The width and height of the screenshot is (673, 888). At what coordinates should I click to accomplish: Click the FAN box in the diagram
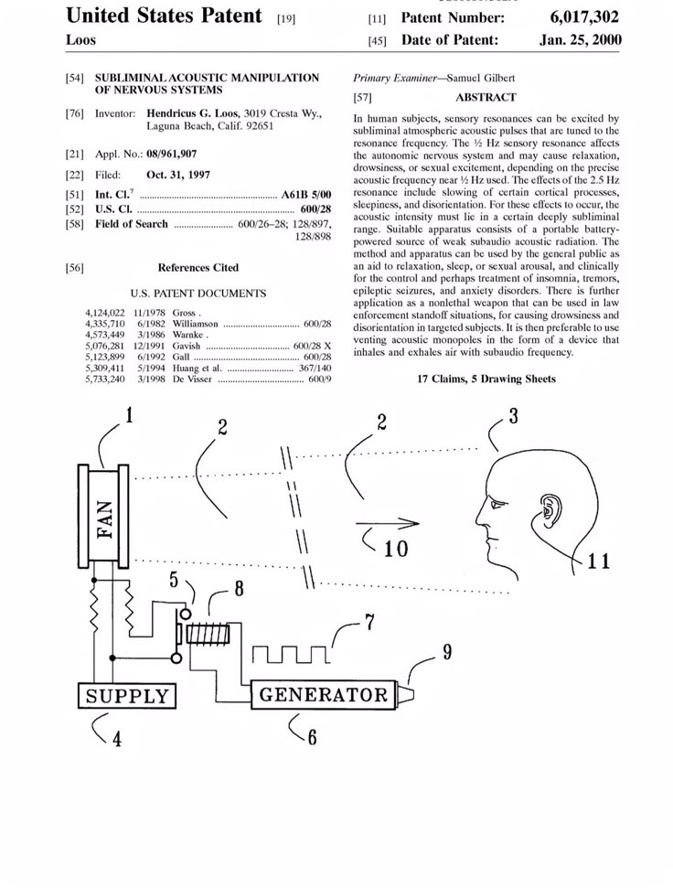[x=106, y=520]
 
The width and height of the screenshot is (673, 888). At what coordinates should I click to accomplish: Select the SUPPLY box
[x=127, y=696]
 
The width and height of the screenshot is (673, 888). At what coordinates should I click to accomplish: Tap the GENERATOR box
[x=324, y=694]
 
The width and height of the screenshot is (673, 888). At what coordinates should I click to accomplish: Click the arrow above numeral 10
[x=388, y=524]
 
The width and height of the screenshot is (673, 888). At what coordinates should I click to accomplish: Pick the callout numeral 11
[x=598, y=560]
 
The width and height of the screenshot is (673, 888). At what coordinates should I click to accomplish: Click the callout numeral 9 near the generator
[x=447, y=653]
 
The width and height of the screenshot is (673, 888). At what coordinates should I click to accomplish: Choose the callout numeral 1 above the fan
[x=129, y=416]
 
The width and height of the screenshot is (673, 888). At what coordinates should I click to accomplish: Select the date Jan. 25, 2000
[x=579, y=40]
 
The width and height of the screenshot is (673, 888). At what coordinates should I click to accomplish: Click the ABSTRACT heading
[x=486, y=97]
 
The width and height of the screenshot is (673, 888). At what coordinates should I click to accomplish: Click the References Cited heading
[x=198, y=268]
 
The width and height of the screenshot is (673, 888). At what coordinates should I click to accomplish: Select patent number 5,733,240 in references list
[x=104, y=379]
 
